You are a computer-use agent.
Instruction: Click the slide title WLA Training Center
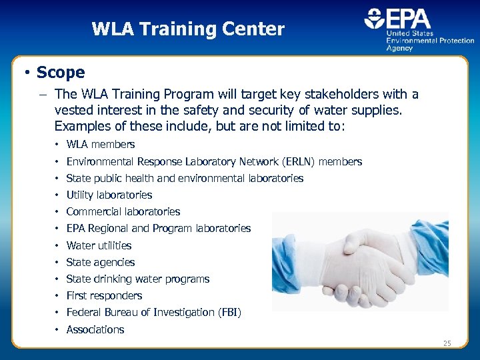point(188,29)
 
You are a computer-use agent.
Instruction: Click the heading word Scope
point(61,72)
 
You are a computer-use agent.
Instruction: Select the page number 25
point(447,343)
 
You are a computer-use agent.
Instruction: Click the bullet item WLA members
point(101,145)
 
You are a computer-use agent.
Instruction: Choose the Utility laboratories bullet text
point(109,195)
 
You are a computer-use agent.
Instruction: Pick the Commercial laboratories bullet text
point(123,211)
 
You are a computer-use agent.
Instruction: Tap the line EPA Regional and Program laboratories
point(159,228)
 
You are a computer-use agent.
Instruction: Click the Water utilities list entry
point(99,245)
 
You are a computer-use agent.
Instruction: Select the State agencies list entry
point(101,262)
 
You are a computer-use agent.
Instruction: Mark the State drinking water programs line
point(138,279)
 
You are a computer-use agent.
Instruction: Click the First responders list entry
point(104,295)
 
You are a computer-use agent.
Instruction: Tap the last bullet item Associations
point(95,329)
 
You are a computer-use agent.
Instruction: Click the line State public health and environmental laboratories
point(185,178)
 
